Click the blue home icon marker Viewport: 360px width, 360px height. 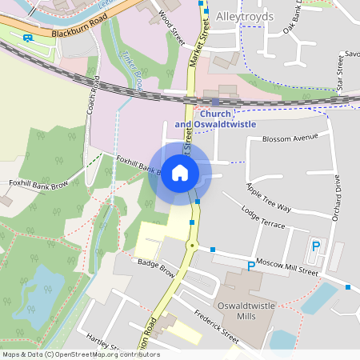(179, 172)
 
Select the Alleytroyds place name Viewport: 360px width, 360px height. (245, 16)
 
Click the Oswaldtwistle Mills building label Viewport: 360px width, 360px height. (246, 311)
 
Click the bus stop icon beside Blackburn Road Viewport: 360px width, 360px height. (28, 38)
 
